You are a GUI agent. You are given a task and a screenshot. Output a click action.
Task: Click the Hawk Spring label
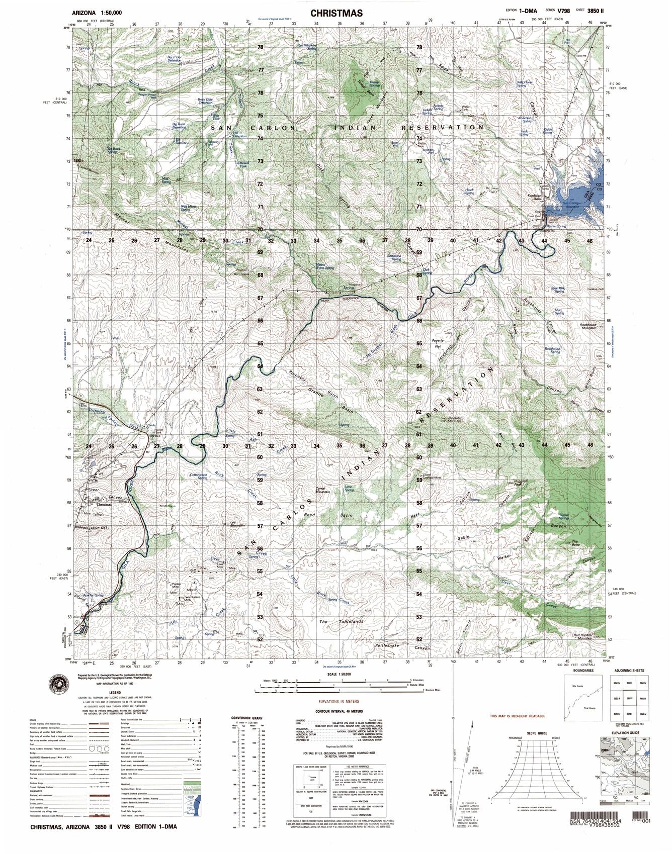(470, 192)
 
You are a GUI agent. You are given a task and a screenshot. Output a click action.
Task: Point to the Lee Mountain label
(236, 524)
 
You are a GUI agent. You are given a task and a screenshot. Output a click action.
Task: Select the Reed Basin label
(342, 515)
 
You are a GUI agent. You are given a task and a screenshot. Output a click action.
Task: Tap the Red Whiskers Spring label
(307, 47)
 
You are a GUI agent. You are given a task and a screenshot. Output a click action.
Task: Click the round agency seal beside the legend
(59, 684)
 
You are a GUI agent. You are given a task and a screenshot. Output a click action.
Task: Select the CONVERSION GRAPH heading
(246, 718)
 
